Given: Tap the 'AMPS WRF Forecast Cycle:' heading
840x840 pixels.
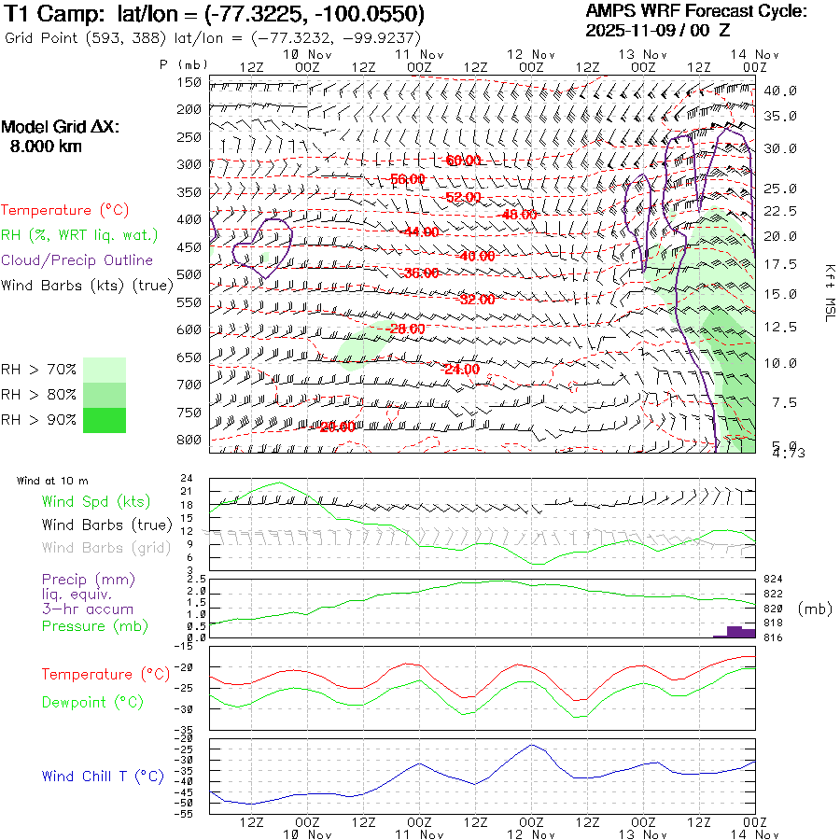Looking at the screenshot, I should coord(696,11).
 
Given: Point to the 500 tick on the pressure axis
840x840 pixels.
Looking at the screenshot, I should coord(189,274).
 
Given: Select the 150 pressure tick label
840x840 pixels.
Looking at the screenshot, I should coord(189,82).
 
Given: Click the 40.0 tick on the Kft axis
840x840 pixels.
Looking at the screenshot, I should coord(779,91).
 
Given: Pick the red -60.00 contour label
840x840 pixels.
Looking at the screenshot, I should coord(463,161).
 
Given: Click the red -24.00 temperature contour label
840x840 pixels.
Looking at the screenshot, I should coord(460,369).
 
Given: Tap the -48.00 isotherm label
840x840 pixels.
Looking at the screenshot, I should coord(519,215).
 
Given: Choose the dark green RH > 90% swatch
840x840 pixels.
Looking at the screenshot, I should coord(104,420).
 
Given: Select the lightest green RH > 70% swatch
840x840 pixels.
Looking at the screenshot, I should coord(104,370).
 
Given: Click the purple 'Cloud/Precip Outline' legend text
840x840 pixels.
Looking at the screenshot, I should coord(77,260).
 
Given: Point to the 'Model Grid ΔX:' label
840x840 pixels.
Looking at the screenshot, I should coord(61,128).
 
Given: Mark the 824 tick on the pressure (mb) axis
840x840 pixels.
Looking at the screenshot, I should coord(773,580).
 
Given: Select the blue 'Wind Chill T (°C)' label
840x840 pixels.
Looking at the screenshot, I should coord(103,777).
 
